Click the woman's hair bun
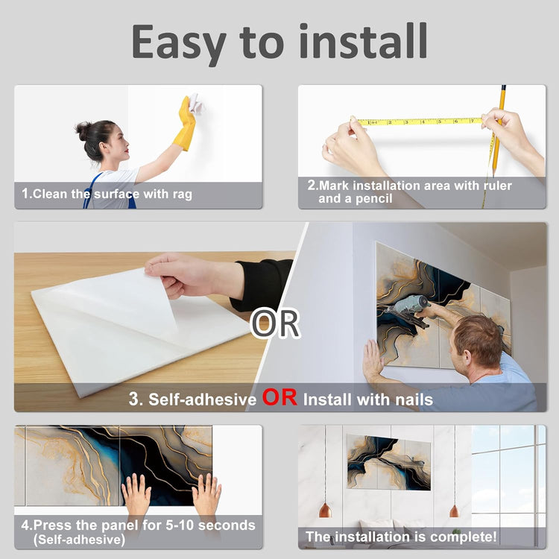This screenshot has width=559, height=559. coord(82,130)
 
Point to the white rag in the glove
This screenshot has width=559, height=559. coord(195,103)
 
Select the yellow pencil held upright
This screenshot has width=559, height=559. coord(499,130)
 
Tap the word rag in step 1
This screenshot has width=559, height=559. coord(183,195)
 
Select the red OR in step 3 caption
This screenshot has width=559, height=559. coord(279,397)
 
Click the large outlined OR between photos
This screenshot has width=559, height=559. coord(274,323)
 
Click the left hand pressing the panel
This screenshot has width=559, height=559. coord(136,493)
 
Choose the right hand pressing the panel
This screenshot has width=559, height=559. coord(206,493)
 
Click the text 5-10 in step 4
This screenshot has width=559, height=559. coord(180,525)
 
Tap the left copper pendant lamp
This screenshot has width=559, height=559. coord(325,510)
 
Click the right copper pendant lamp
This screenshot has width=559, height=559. coord(454,511)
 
